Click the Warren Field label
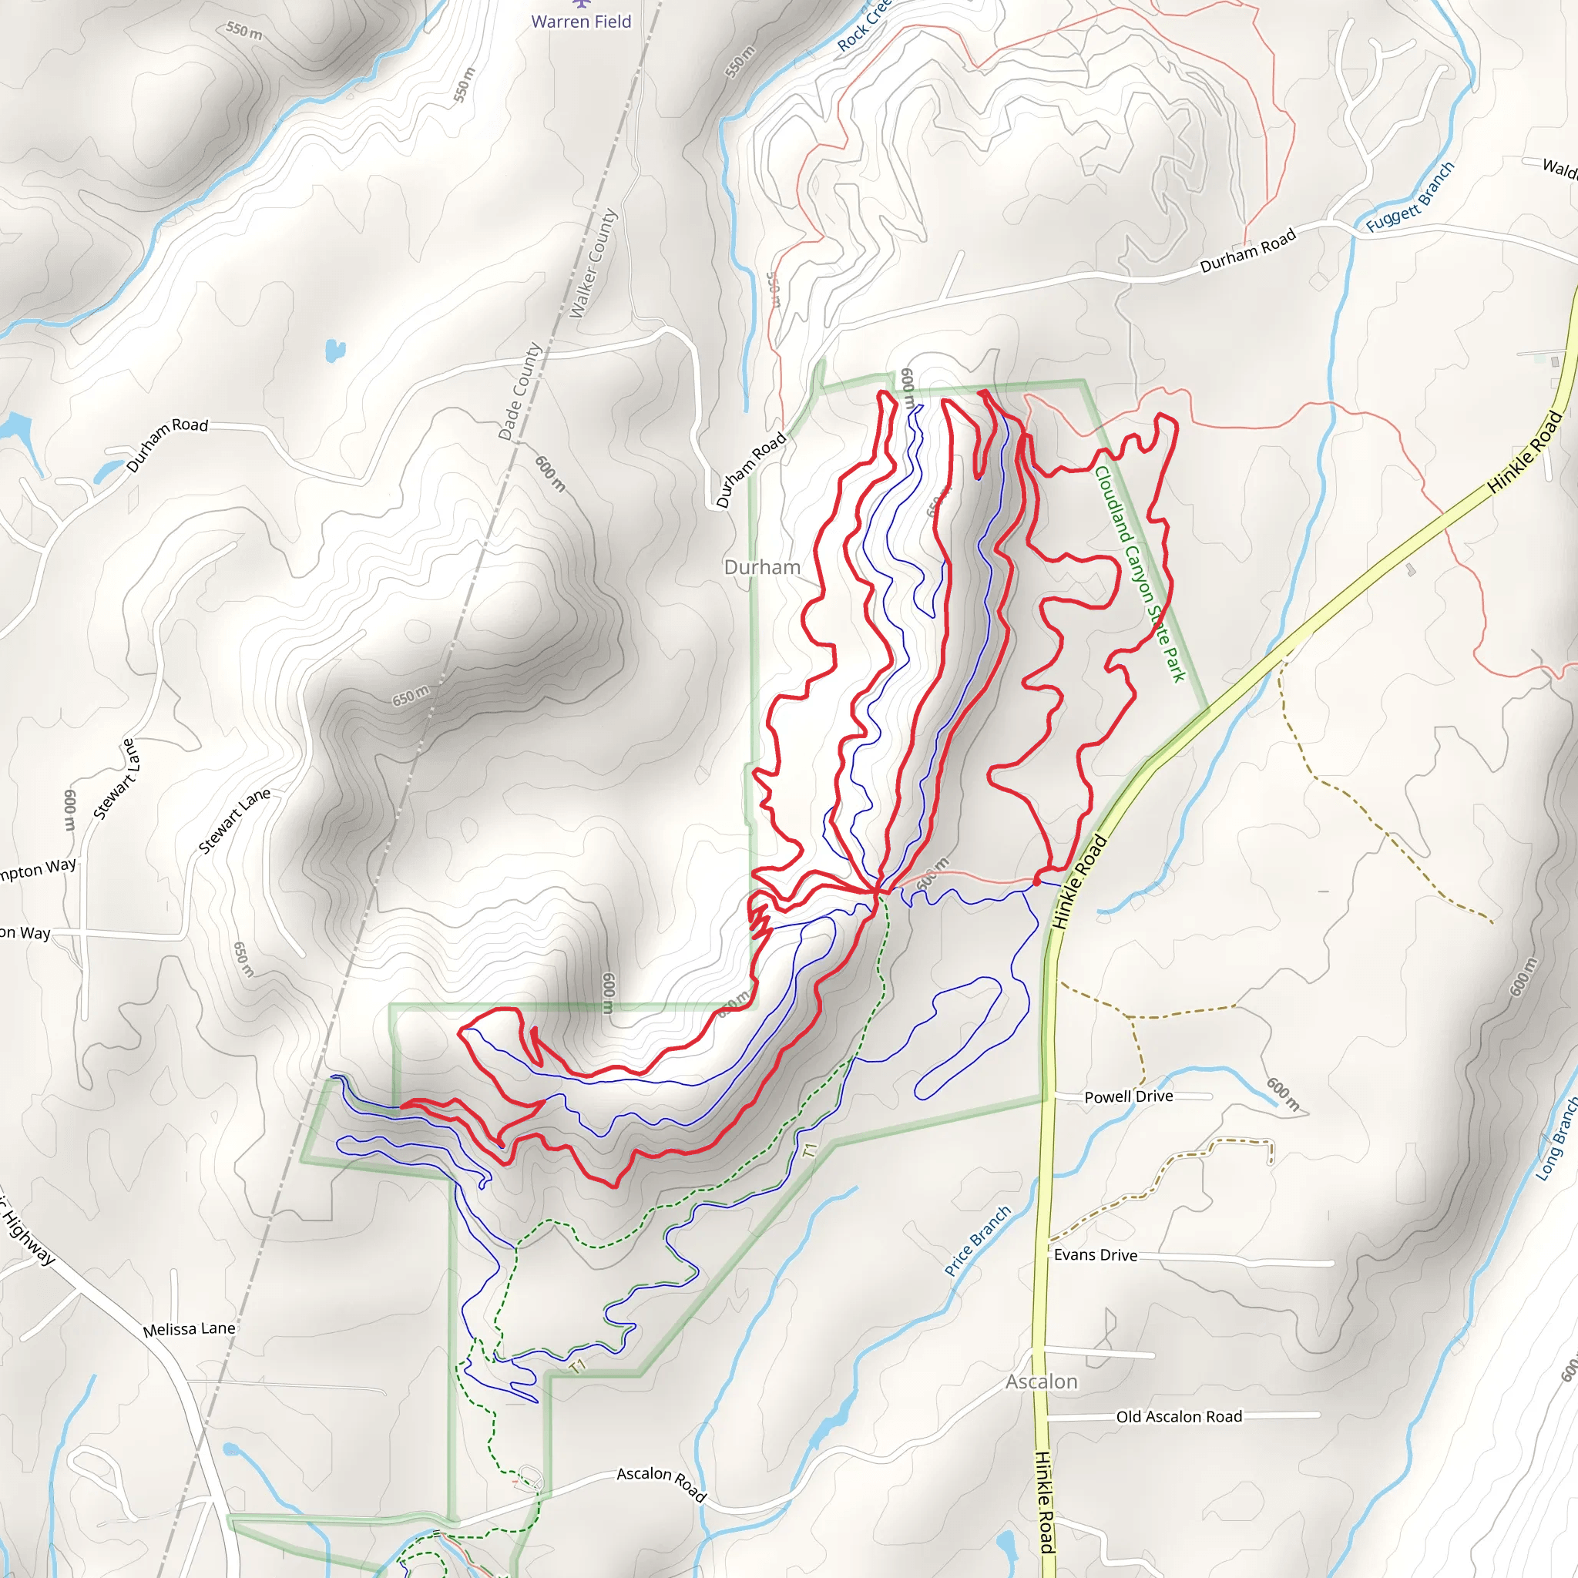click(581, 22)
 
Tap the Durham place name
click(761, 567)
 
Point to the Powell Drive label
click(1128, 1097)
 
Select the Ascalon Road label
click(660, 1482)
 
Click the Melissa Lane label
click(189, 1329)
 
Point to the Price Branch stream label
click(977, 1241)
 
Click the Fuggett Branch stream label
click(1410, 196)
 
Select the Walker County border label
click(593, 264)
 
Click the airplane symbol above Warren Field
click(581, 4)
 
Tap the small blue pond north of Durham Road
click(335, 351)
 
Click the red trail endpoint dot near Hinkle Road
click(1036, 882)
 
